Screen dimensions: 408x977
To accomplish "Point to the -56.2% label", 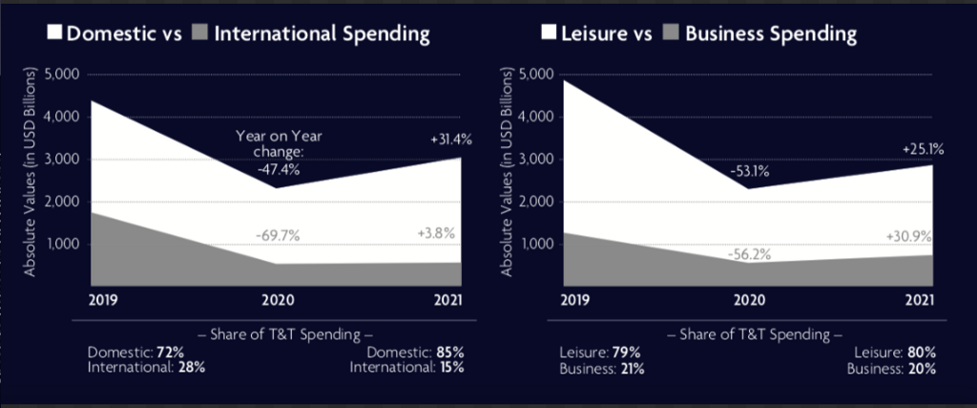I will click(748, 254).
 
